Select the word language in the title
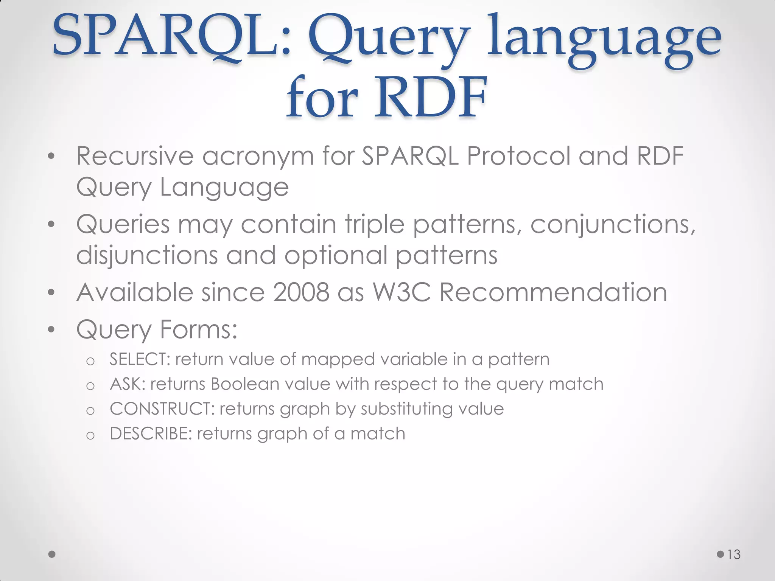coord(604,40)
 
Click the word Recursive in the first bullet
coord(135,156)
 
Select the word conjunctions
coord(612,225)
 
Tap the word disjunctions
coord(147,256)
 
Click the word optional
coord(336,256)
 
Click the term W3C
coord(402,292)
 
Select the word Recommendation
coord(553,292)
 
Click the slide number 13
coord(734,555)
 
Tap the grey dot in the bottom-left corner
coord(52,554)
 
